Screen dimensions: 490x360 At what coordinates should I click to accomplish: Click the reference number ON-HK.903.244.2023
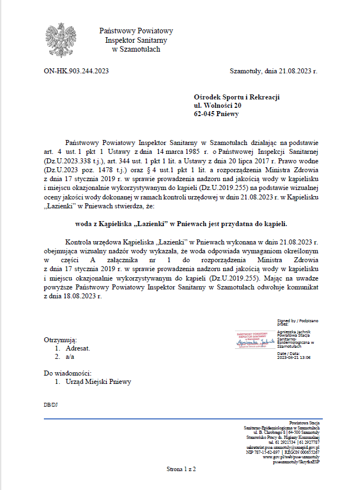[76, 71]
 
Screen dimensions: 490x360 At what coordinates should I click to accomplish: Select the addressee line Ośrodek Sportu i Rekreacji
[237, 97]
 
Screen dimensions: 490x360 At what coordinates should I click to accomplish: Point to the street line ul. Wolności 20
[217, 105]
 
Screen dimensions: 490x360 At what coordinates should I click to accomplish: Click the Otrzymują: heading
[60, 340]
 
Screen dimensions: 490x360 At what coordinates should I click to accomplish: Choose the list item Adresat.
[77, 348]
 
